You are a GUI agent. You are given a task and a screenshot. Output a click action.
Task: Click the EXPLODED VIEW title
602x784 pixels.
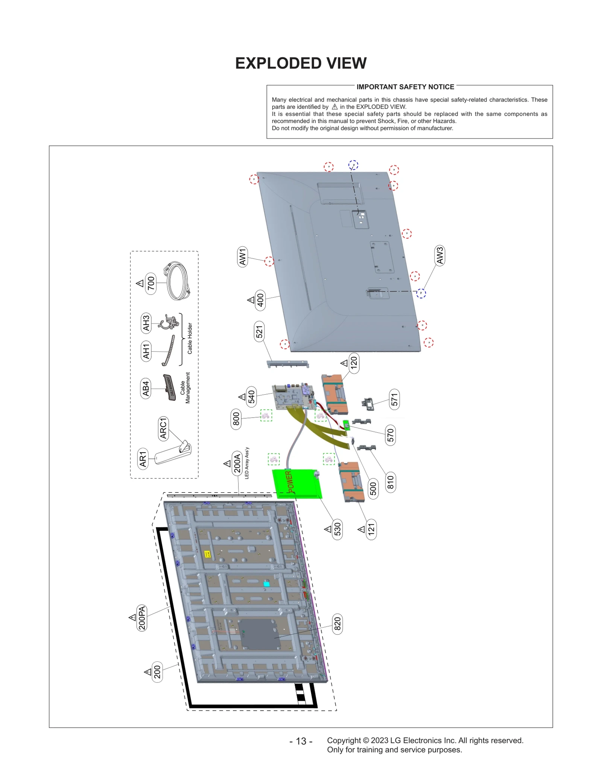[x=301, y=63]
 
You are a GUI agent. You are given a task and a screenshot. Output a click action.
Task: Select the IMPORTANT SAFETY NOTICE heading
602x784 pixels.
[x=405, y=87]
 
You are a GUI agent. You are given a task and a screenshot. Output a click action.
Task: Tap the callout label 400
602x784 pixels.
[x=260, y=300]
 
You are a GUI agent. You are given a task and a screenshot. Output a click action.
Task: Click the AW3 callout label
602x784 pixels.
[x=439, y=255]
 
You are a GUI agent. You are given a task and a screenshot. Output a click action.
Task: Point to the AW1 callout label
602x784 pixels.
[x=242, y=257]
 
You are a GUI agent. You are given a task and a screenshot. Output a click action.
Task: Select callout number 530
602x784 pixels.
[x=337, y=529]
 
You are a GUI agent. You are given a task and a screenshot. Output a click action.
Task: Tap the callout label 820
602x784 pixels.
[x=337, y=624]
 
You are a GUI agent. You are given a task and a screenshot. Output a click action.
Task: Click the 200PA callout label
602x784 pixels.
[x=142, y=618]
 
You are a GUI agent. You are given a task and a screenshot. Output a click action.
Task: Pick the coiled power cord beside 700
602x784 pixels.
[x=178, y=281]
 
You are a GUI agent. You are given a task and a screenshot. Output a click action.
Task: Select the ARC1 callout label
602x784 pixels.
[x=163, y=428]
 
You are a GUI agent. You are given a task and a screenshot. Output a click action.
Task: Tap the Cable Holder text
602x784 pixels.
[x=190, y=338]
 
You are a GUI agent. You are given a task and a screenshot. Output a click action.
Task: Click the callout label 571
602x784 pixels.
[x=394, y=400]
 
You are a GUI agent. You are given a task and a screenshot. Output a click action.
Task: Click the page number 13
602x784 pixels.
[x=301, y=741]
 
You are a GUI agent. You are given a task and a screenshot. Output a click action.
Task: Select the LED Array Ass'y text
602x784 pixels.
[x=247, y=463]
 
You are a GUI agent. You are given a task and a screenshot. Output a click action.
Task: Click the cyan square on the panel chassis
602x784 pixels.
[x=266, y=584]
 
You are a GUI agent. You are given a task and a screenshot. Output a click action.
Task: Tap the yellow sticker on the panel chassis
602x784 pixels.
[x=207, y=554]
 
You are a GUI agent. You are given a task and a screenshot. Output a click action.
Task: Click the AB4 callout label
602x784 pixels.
[x=145, y=388]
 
